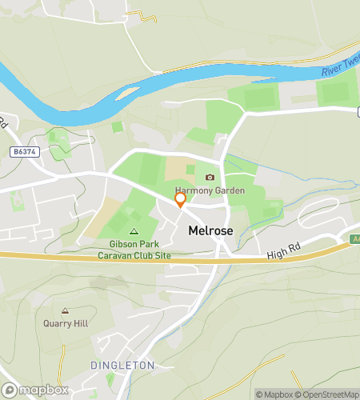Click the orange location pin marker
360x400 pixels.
click(x=180, y=199)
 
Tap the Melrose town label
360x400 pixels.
click(x=211, y=230)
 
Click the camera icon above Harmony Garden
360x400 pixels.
click(x=210, y=178)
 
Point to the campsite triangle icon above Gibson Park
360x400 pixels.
click(x=134, y=231)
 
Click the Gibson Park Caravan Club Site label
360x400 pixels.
click(x=134, y=249)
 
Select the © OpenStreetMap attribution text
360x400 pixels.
click(x=328, y=394)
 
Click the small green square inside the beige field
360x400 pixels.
click(x=190, y=169)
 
